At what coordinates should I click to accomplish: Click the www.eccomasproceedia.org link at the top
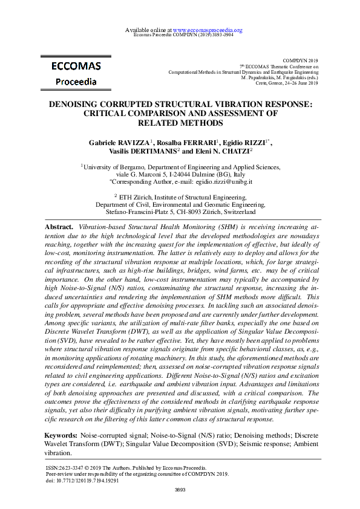(x=208, y=30)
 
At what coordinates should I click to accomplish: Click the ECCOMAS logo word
(x=72, y=66)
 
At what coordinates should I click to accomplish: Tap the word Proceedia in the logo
(x=72, y=82)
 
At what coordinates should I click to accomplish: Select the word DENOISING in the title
(x=77, y=103)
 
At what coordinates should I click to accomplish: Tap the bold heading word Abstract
(x=59, y=225)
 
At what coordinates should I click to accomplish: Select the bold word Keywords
(x=61, y=436)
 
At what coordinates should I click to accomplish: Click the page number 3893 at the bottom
(x=180, y=490)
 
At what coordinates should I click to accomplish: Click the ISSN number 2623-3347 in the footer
(x=71, y=468)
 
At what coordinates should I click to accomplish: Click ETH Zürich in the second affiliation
(x=135, y=196)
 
